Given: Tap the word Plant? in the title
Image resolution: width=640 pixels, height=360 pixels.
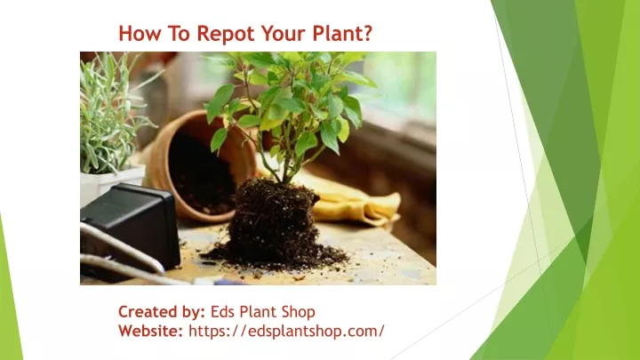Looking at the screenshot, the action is pyautogui.click(x=342, y=33).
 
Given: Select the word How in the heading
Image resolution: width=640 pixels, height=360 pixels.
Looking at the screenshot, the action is pyautogui.click(x=140, y=33).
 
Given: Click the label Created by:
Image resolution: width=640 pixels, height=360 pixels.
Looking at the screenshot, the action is pyautogui.click(x=162, y=312).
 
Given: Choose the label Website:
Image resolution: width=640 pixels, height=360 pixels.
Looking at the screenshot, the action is pyautogui.click(x=150, y=331).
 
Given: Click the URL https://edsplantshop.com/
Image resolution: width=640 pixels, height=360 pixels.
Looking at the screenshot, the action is pyautogui.click(x=286, y=331).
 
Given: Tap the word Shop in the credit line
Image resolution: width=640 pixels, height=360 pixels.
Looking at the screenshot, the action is pyautogui.click(x=298, y=312).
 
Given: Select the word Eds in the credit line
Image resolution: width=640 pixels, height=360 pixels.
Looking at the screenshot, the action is pyautogui.click(x=222, y=312).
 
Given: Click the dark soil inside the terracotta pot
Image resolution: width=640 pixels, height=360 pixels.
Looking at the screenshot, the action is pyautogui.click(x=201, y=175).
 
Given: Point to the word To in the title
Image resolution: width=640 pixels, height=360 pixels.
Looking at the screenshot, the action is pyautogui.click(x=179, y=33).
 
